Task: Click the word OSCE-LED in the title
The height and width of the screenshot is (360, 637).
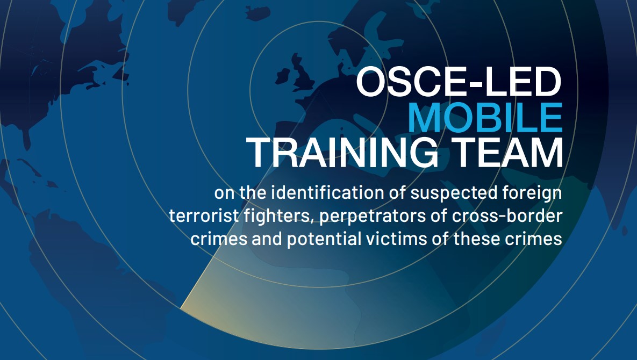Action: pos(459,82)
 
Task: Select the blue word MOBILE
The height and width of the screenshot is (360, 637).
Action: pos(485,117)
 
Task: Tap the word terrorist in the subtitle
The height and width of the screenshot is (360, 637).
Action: pos(204,215)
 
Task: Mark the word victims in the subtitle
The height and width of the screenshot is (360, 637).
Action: pos(397,239)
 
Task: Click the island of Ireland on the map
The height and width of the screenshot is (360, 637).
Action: pos(283,76)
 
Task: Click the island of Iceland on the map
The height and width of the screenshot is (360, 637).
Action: pos(257,13)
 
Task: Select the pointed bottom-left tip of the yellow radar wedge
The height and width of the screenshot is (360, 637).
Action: pos(181,308)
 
